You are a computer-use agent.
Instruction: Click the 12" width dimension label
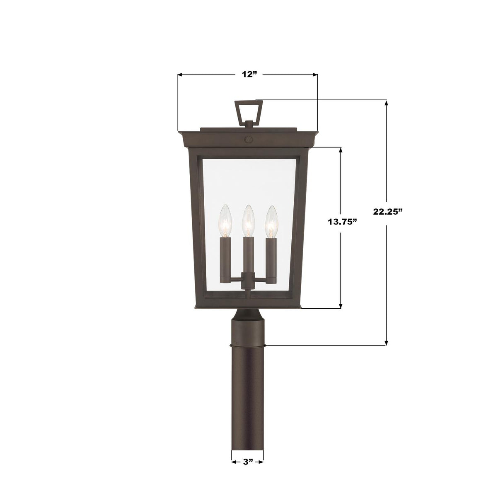[248, 75]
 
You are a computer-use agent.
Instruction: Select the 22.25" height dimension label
[387, 211]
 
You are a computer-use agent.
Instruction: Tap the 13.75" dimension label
[342, 222]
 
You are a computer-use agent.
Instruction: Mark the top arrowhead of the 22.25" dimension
[387, 103]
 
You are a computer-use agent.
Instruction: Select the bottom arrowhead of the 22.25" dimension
[387, 342]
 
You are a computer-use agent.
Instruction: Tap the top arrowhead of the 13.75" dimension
[341, 150]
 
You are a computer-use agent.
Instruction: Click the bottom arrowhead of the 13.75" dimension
[341, 305]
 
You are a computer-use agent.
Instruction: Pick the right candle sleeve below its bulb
[271, 257]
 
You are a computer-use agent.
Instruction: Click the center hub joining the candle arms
[248, 280]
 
